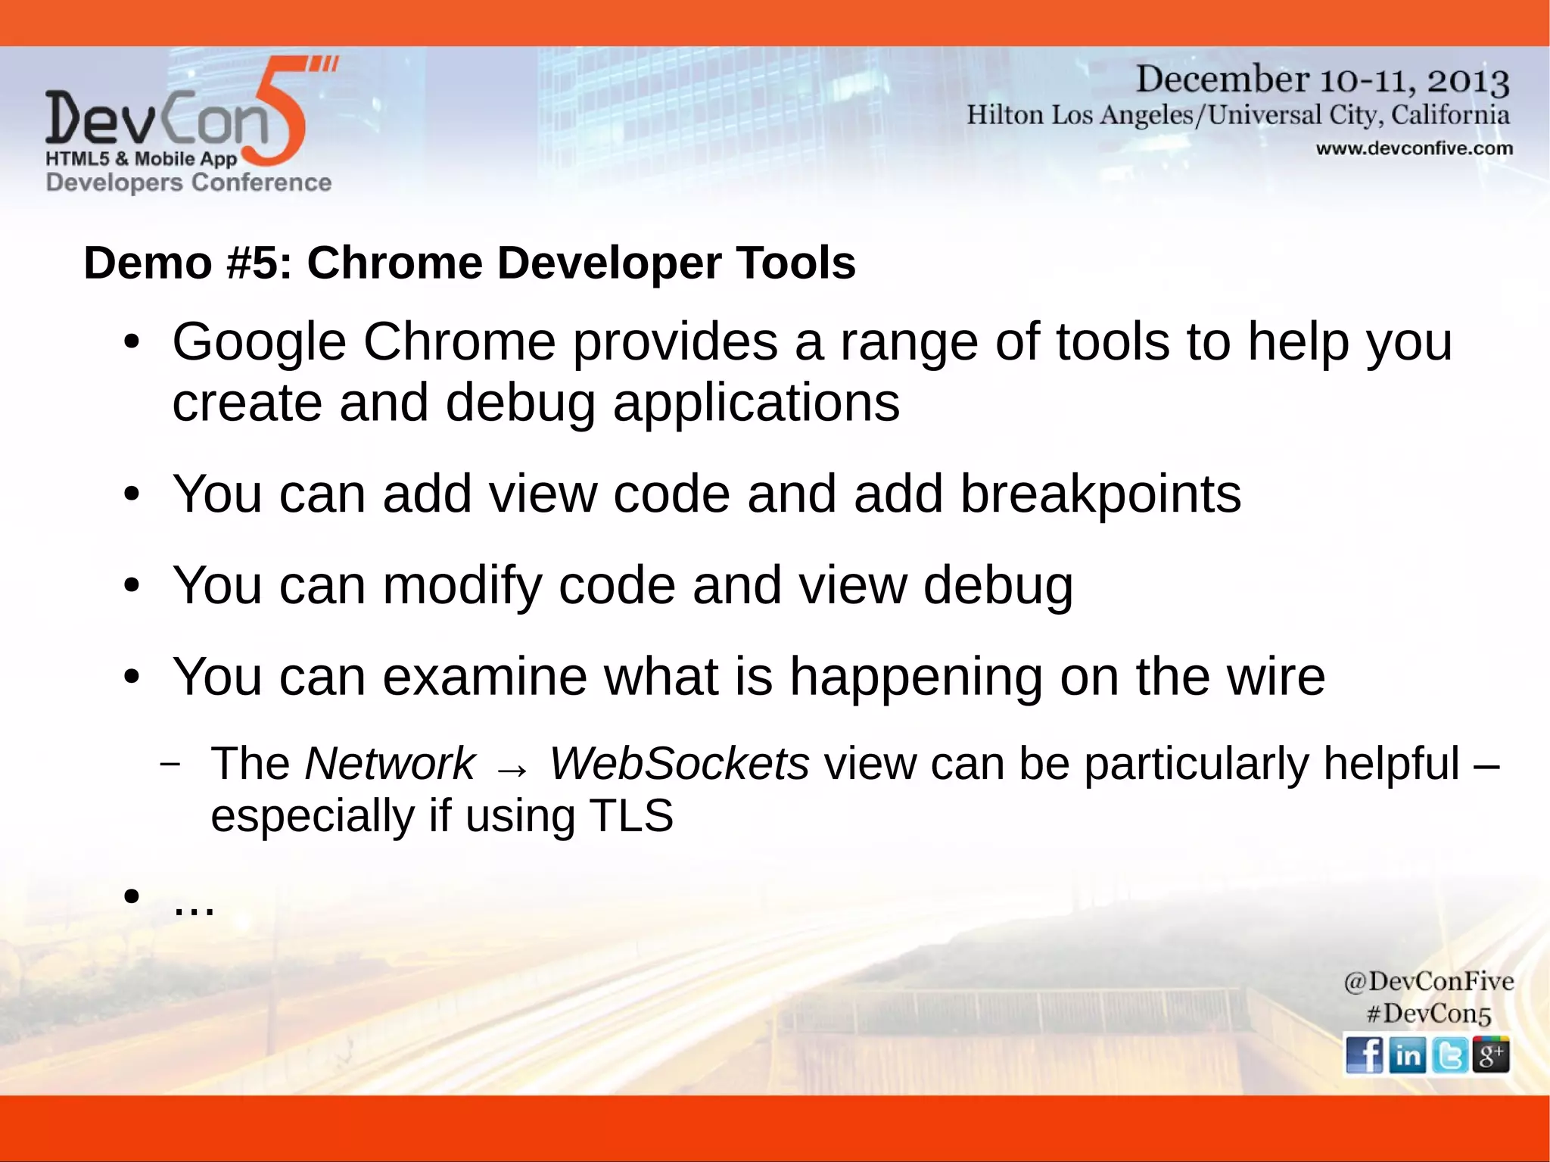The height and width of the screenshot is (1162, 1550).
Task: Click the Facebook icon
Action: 1365,1055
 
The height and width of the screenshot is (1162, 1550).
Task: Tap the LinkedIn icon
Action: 1407,1055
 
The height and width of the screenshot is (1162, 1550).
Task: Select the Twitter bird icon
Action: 1449,1055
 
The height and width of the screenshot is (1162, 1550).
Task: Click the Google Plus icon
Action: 1491,1055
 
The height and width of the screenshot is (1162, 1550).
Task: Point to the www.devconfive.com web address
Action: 1414,148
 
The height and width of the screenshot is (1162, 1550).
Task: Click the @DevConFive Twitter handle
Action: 1428,981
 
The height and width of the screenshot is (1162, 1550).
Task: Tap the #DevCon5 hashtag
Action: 1428,1014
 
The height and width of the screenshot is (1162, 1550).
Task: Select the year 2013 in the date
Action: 1468,80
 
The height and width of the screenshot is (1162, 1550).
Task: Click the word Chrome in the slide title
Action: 394,263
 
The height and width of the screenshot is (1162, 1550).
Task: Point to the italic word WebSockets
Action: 679,763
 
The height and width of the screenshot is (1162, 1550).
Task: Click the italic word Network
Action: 390,763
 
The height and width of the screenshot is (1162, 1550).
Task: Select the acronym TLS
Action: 631,816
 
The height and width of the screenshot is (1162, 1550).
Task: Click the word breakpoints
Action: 1100,494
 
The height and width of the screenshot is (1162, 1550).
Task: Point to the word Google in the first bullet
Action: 259,342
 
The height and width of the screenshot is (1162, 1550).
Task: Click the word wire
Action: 1276,676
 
